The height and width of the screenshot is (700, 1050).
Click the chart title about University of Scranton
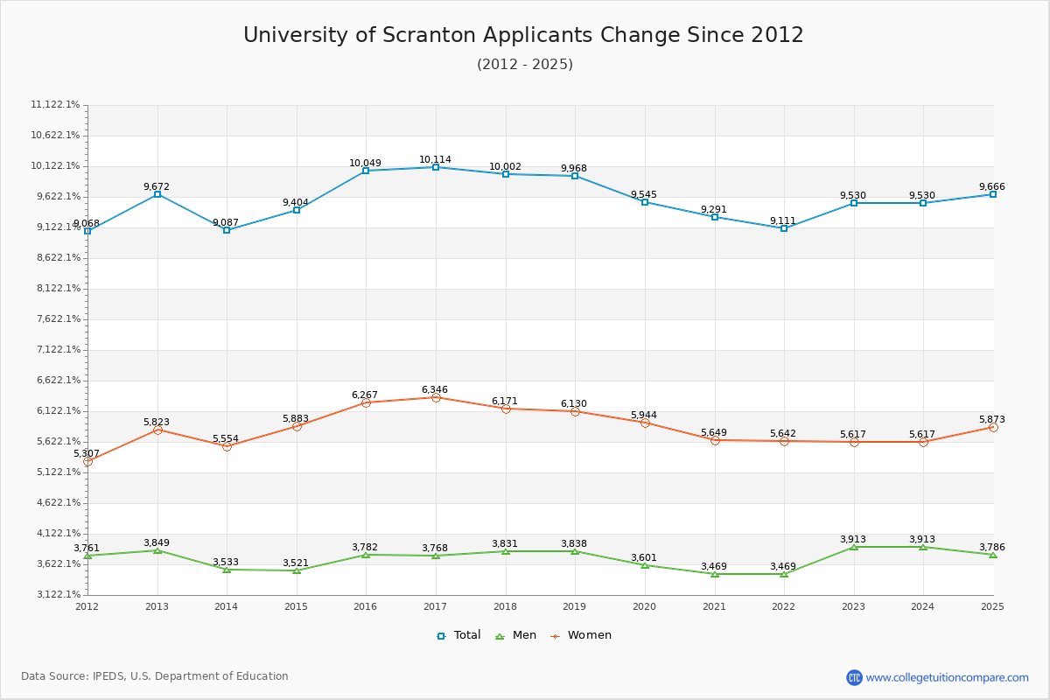point(523,35)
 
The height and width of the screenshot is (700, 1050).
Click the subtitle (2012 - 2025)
point(524,65)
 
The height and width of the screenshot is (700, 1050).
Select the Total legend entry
point(458,635)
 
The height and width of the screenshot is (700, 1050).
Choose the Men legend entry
point(516,635)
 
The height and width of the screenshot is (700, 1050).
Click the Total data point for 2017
point(436,167)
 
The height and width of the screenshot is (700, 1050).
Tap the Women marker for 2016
point(366,402)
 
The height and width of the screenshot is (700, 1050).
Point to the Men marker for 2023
point(853,547)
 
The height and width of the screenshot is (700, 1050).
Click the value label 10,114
point(435,159)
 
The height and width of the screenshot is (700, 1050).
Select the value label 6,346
point(435,389)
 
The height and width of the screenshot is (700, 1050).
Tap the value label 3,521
point(296,563)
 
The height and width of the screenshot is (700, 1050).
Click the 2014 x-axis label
point(226,605)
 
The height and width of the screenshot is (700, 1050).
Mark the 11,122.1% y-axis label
point(55,105)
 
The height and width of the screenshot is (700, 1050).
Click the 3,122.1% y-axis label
point(55,595)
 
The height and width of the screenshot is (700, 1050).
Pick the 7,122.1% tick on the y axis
point(55,350)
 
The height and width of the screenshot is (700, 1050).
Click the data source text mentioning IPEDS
point(155,676)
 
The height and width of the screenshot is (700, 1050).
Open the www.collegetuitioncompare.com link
point(947,677)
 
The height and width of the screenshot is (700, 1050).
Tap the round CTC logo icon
point(854,677)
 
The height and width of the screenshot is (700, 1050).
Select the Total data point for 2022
point(784,228)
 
